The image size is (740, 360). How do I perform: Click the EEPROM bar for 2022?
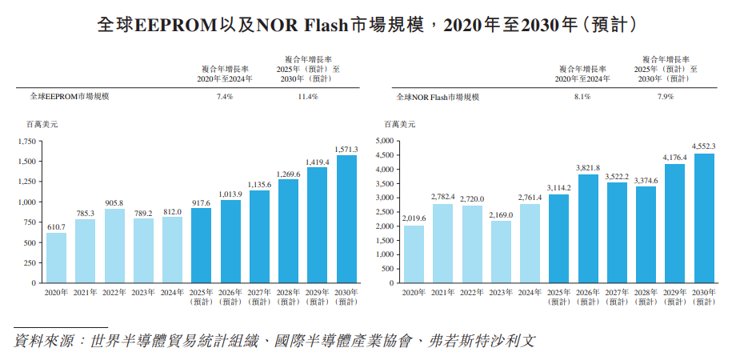(114, 246)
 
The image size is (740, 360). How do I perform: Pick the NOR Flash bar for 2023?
(500, 251)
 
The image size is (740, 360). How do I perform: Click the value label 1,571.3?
(346, 149)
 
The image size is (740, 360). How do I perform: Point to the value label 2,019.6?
(414, 218)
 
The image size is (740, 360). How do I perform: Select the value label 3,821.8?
(586, 168)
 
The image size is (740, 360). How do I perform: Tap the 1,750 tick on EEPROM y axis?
(27, 141)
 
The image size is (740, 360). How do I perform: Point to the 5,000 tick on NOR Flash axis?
(386, 141)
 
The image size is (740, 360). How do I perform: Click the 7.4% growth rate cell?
(225, 97)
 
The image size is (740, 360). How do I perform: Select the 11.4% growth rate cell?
(308, 97)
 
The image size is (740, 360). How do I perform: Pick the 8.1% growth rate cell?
(582, 97)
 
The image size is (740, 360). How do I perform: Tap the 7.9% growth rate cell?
(666, 97)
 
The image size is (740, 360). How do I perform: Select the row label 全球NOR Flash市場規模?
(438, 97)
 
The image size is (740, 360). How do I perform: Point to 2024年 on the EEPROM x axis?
(172, 293)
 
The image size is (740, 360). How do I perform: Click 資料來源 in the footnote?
(41, 341)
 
